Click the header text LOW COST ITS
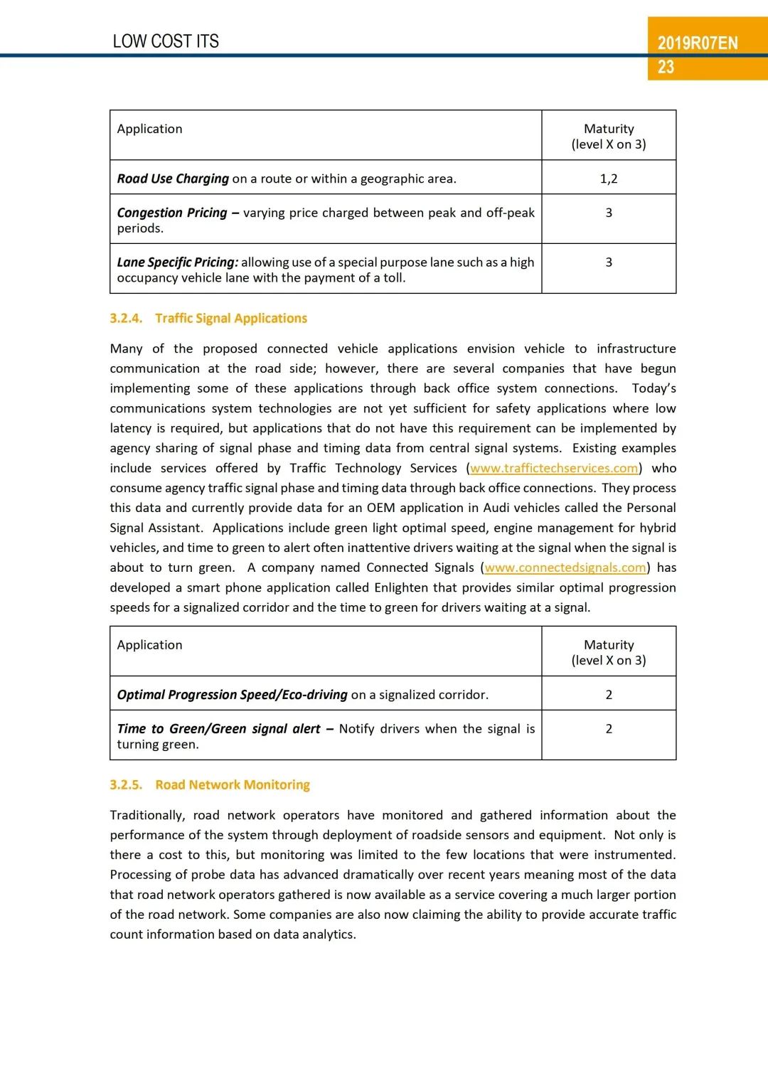click(166, 41)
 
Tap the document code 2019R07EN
click(697, 43)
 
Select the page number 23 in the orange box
click(666, 68)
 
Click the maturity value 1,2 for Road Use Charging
click(609, 179)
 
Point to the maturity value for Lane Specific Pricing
click(609, 262)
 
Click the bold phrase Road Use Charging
click(173, 179)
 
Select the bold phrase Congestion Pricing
click(172, 213)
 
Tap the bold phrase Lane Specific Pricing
click(177, 262)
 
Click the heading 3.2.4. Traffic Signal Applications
click(208, 318)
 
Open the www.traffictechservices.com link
click(554, 468)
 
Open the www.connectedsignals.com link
click(565, 568)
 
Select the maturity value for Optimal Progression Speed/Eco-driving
click(609, 695)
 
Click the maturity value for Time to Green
click(609, 729)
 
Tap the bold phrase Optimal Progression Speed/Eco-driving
click(232, 695)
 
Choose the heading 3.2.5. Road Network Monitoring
click(210, 784)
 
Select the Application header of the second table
click(150, 645)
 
